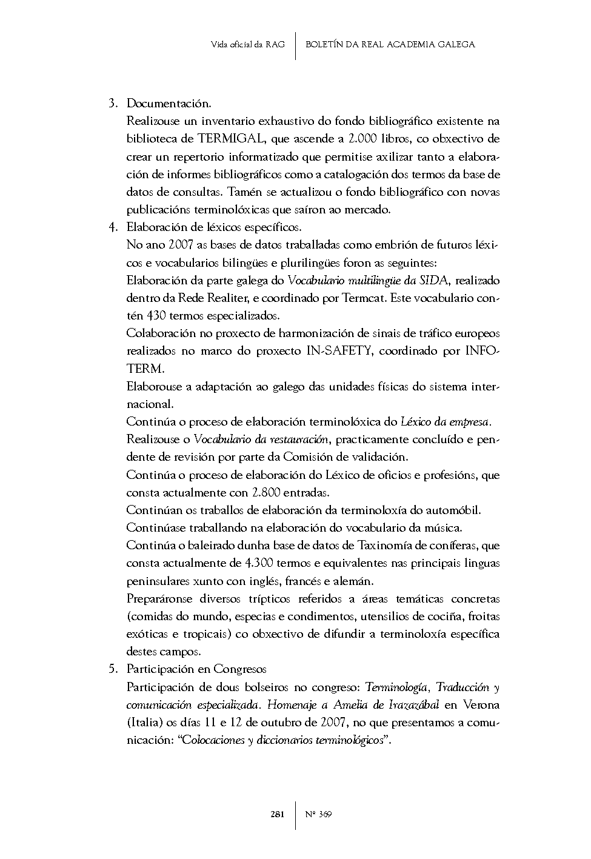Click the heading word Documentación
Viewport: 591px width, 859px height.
tap(169, 104)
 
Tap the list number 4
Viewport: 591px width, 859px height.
tap(112, 227)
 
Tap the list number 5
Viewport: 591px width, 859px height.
tap(112, 669)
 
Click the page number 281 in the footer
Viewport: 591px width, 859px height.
tap(277, 814)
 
